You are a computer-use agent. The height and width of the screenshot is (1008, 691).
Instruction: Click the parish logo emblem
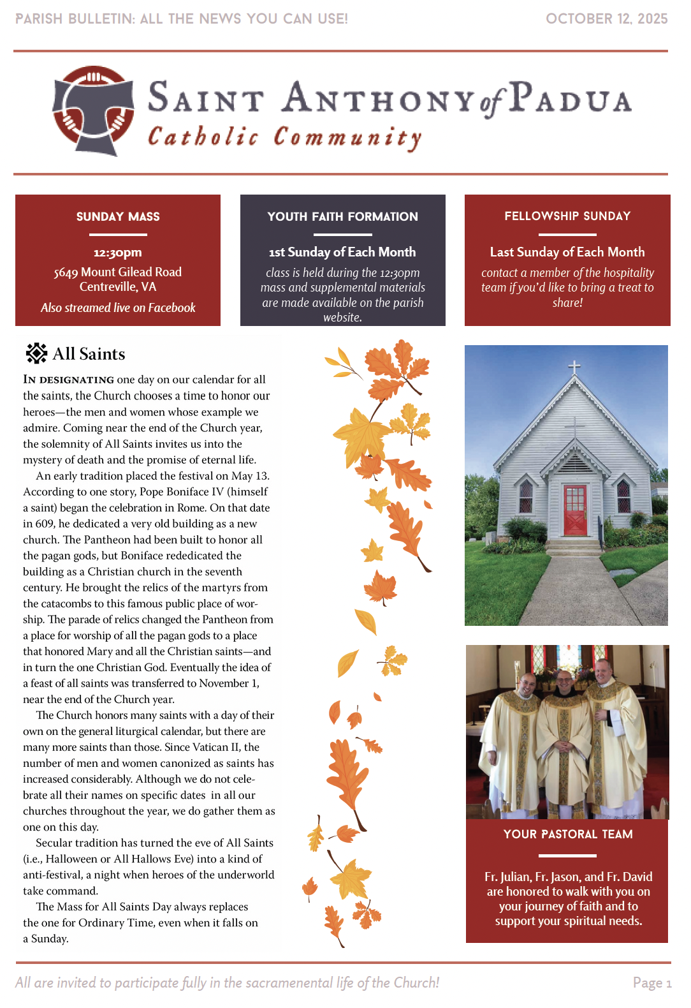click(x=94, y=110)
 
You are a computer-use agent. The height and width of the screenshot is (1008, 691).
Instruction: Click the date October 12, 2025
click(x=606, y=19)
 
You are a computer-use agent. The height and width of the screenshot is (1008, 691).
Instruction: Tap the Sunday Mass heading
click(x=118, y=217)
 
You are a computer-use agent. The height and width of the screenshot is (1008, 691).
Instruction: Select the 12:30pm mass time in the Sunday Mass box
click(x=118, y=253)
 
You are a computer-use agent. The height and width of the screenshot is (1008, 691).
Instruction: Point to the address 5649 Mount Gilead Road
click(x=118, y=272)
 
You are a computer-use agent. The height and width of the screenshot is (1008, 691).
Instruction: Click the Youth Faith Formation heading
click(x=342, y=217)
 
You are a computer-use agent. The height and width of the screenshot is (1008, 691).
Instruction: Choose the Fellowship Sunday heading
click(x=567, y=216)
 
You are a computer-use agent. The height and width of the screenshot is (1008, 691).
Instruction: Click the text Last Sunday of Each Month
click(x=567, y=252)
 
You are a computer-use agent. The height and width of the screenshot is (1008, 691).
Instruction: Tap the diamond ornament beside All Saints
click(x=36, y=353)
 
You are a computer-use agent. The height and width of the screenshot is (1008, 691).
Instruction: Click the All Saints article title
click(x=89, y=354)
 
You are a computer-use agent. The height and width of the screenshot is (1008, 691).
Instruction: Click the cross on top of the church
click(x=574, y=366)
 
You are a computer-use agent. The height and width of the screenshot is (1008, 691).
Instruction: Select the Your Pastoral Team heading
click(x=568, y=834)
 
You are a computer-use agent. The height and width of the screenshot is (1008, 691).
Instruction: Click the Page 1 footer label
click(x=651, y=983)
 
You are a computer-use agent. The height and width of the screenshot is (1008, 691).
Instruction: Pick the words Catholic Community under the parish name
click(x=284, y=137)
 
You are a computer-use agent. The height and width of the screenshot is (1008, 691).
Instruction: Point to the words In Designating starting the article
click(x=69, y=380)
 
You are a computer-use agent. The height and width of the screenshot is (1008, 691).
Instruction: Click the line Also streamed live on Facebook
click(x=118, y=308)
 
